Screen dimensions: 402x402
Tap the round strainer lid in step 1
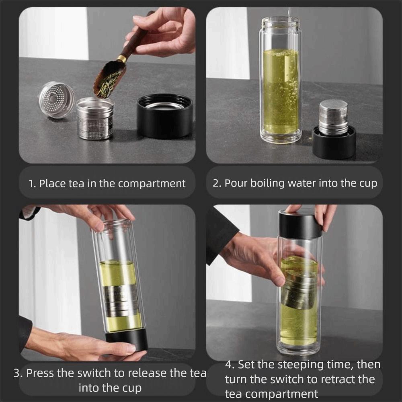[57, 100]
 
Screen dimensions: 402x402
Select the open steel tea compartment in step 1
[95, 119]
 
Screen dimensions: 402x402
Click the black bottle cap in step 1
[164, 115]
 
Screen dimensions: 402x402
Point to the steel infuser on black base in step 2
[334, 117]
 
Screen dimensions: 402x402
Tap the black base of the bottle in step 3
[127, 340]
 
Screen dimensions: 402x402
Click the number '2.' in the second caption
[217, 183]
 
